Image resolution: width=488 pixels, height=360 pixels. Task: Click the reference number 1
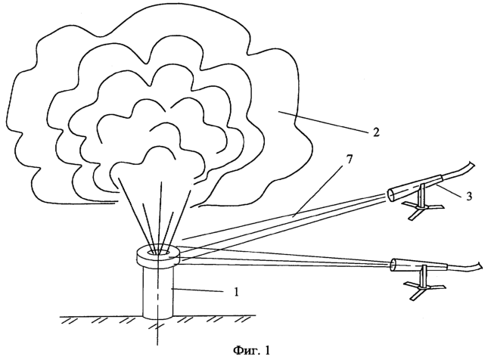(x=237, y=292)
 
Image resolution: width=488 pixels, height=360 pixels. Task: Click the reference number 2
(x=376, y=132)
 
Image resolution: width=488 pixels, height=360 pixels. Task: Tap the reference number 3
(x=469, y=196)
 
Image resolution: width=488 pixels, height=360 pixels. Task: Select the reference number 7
(x=350, y=159)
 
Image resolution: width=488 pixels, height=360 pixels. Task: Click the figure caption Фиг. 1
(x=251, y=350)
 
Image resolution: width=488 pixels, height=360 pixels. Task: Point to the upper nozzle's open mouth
(x=391, y=195)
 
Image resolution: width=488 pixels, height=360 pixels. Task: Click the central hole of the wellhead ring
(x=158, y=251)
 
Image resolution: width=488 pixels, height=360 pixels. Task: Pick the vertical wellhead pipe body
(x=158, y=293)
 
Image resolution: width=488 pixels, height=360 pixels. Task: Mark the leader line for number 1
(x=198, y=290)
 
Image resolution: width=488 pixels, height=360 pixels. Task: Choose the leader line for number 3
(x=449, y=190)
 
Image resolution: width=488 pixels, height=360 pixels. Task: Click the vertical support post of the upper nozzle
(x=421, y=195)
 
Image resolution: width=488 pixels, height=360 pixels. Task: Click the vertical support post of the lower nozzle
(x=423, y=276)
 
